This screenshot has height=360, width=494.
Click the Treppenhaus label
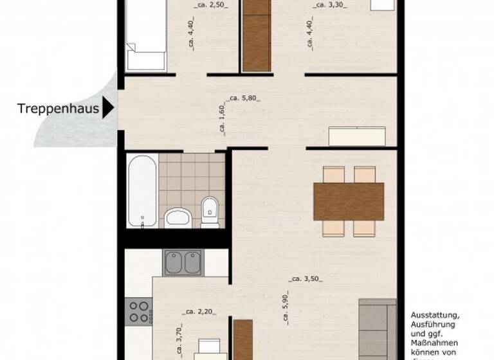click(x=58, y=109)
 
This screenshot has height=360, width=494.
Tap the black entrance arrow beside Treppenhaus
click(x=108, y=107)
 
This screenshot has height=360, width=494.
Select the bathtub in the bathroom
click(x=141, y=190)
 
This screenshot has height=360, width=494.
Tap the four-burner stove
click(x=140, y=312)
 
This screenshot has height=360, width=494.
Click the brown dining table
click(x=349, y=202)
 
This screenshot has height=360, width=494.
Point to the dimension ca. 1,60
click(x=222, y=119)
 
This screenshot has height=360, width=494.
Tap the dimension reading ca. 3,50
click(x=306, y=279)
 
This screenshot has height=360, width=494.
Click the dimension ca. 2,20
click(x=199, y=312)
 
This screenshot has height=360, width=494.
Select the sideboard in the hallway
click(x=357, y=136)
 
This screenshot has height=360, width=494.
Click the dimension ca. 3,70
click(x=179, y=341)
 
